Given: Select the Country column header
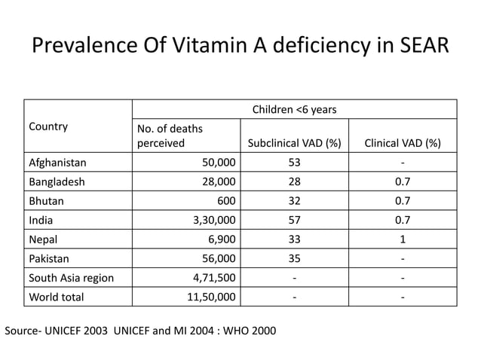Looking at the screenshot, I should (x=48, y=127).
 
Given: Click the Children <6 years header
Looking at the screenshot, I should (x=294, y=110).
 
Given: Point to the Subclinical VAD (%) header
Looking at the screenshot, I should (x=294, y=143).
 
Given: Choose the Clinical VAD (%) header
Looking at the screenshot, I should (x=403, y=143).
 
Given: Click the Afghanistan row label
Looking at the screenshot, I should (x=57, y=162).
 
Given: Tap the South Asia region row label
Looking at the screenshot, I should (x=71, y=278).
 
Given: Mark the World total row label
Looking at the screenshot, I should (x=56, y=297).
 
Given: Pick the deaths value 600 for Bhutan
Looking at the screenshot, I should (x=226, y=201).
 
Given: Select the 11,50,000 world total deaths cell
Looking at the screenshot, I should (x=211, y=297).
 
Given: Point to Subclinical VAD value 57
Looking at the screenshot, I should (x=294, y=220).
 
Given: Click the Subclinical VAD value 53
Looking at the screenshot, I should (x=294, y=162).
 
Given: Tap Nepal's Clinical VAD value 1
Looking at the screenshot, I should (x=403, y=239).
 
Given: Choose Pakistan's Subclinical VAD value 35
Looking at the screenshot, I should (x=294, y=258).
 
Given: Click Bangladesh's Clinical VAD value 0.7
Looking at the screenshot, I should (x=403, y=182).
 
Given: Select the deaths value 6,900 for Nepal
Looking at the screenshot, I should (x=220, y=239).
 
